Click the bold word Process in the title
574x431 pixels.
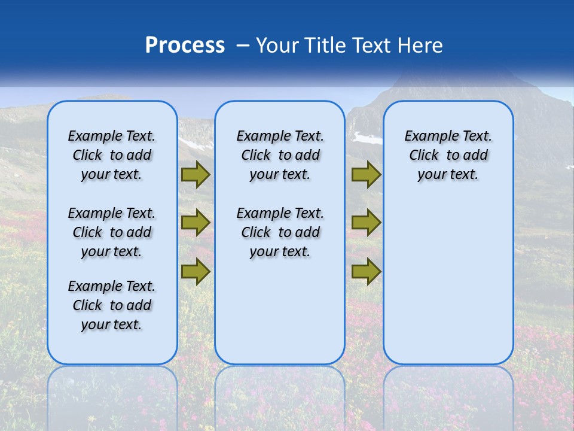pos(185,45)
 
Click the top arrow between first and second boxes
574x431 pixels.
pos(196,175)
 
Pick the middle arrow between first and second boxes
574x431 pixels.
pos(196,223)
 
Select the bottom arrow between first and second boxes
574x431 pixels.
pos(196,271)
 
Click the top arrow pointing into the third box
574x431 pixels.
pos(366,175)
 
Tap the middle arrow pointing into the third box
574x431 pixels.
pos(366,223)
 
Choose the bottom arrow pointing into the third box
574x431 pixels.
pos(366,271)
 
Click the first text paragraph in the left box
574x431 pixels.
pos(112,155)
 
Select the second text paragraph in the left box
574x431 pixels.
pos(112,232)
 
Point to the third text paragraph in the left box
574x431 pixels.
pos(112,305)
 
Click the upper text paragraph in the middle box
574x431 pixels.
pos(280,155)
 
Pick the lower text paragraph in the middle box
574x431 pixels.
pos(280,232)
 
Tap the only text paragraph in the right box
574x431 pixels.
pos(448,155)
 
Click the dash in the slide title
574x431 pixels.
pos(243,46)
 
